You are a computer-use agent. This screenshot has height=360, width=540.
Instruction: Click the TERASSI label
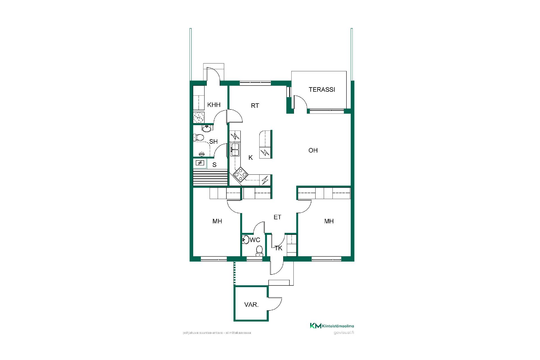[x=322, y=89]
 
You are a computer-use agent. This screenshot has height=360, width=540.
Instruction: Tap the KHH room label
[x=214, y=105]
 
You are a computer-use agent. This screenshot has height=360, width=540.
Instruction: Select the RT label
[x=255, y=106]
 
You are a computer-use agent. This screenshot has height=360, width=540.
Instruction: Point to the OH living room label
[x=313, y=150]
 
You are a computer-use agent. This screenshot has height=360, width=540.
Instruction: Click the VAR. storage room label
[x=251, y=305]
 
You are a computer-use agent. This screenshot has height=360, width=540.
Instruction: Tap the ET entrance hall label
[x=277, y=217]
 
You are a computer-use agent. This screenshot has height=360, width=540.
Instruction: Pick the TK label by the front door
[x=278, y=248]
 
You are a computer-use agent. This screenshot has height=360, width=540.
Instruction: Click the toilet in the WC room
[x=259, y=251]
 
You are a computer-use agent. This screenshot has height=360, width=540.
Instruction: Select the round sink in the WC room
[x=245, y=240]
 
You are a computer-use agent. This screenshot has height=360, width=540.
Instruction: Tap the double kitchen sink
[x=235, y=149]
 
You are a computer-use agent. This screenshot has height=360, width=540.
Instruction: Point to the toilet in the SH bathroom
[x=199, y=138]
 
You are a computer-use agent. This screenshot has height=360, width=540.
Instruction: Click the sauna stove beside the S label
[x=200, y=163]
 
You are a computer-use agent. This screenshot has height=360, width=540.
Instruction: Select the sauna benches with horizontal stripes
[x=210, y=177]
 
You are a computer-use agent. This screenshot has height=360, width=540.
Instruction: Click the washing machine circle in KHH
[x=199, y=117]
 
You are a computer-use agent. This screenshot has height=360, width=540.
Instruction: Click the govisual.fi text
[x=344, y=332]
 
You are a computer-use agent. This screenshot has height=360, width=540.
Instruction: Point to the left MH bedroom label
[x=217, y=221]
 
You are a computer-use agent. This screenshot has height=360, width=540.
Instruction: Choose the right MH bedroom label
[x=329, y=221]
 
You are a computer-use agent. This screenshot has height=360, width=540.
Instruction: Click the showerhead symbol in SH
[x=202, y=154]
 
